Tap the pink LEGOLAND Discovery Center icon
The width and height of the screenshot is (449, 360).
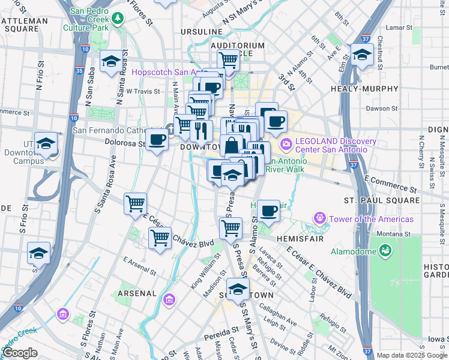coord(286,143)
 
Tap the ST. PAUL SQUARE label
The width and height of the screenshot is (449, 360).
coord(381,199)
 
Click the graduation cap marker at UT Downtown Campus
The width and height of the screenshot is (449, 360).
coord(46,143)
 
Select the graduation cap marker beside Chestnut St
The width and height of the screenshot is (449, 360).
coord(363,55)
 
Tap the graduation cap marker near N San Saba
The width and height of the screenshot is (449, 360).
coord(110,61)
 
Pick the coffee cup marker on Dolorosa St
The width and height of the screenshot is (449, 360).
coord(157,139)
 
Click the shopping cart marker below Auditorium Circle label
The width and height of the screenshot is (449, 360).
coord(228,60)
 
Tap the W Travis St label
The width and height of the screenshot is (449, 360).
coord(142,92)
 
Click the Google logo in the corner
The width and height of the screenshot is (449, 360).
coord(20,353)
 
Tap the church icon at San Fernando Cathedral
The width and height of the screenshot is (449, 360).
coord(171,128)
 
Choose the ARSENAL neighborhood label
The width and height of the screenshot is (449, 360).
coord(137,293)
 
